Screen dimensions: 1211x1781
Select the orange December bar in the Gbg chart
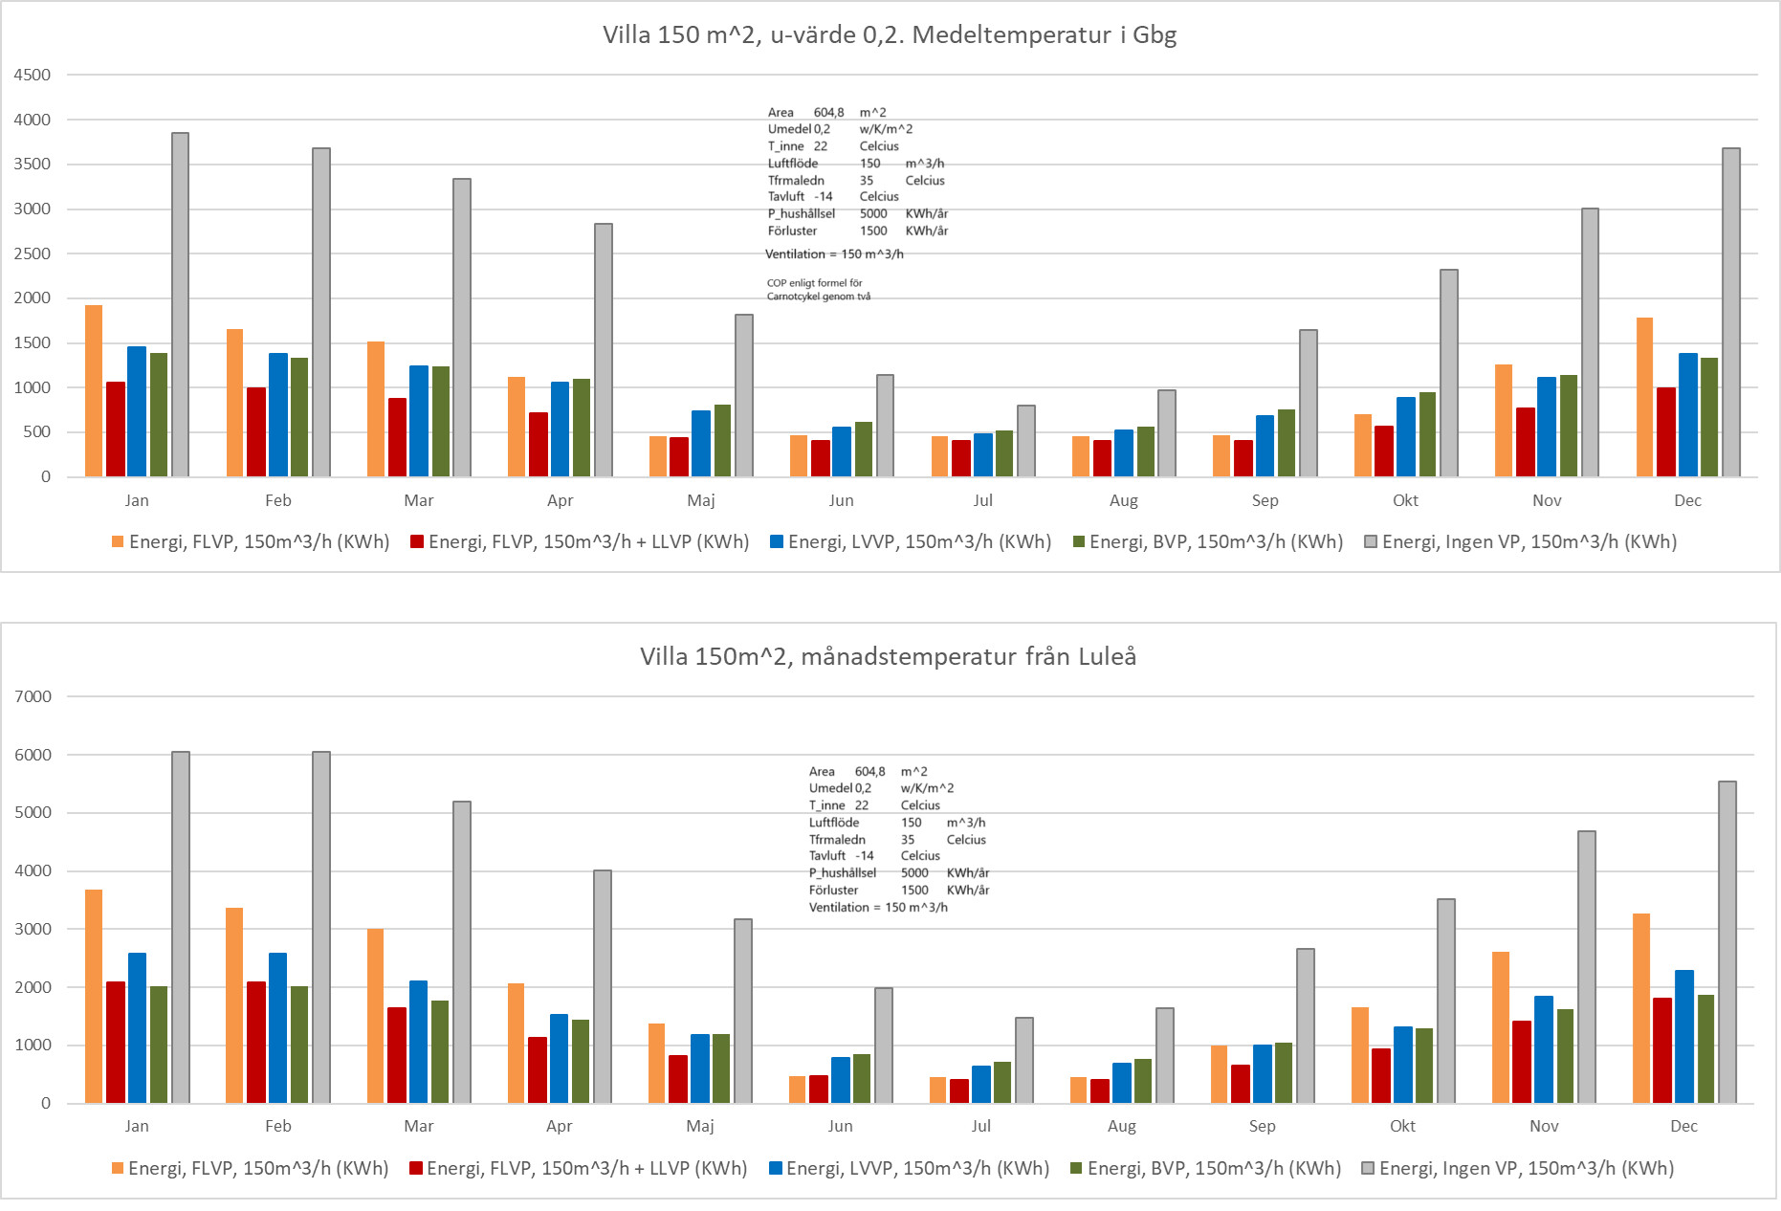pyautogui.click(x=1644, y=397)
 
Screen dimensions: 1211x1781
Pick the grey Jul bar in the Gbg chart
pyautogui.click(x=1025, y=441)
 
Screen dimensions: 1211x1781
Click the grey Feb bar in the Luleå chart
pyautogui.click(x=321, y=927)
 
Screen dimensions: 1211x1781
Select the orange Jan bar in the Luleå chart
pyautogui.click(x=94, y=996)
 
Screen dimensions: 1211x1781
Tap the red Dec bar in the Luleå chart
pyautogui.click(x=1662, y=1050)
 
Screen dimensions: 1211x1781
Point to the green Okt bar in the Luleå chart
pyautogui.click(x=1423, y=1066)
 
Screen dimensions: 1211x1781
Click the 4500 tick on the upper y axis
pyautogui.click(x=33, y=75)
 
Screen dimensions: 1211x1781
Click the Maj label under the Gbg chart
pyautogui.click(x=701, y=500)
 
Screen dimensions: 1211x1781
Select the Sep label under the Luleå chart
pyautogui.click(x=1263, y=1126)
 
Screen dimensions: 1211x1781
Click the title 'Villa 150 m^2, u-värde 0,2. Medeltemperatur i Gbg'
pyautogui.click(x=890, y=35)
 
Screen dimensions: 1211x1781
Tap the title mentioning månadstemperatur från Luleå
pyautogui.click(x=888, y=656)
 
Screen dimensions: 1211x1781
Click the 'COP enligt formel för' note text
pyautogui.click(x=814, y=283)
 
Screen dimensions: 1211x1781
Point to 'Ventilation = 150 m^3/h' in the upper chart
pyautogui.click(x=834, y=254)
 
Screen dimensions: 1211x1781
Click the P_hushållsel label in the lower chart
pyautogui.click(x=843, y=873)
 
